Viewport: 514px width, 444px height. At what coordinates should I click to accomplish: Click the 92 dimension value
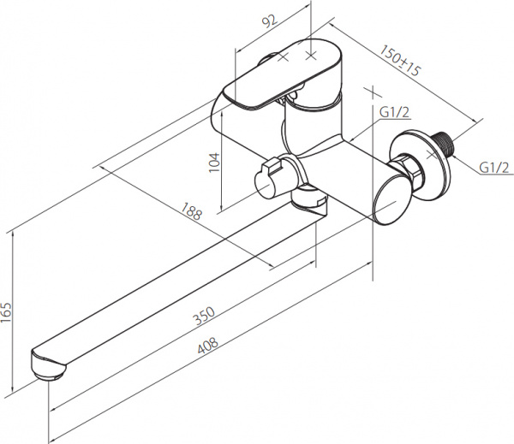tap(270, 21)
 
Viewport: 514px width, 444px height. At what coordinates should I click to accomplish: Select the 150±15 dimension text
tap(399, 60)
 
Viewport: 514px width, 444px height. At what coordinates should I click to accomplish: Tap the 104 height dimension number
tap(214, 162)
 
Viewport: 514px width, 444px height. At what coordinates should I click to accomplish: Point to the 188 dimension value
tap(191, 211)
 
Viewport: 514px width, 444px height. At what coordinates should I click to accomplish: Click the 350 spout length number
tap(204, 315)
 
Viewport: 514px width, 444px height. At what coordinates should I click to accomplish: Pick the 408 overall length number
tap(208, 346)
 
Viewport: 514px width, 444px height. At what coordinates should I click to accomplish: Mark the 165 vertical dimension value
tap(6, 312)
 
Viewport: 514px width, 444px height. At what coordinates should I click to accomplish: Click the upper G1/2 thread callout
tap(395, 112)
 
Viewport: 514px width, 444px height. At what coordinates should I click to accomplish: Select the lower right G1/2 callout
tap(494, 168)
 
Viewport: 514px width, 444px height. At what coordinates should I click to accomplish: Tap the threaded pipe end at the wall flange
tap(443, 143)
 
